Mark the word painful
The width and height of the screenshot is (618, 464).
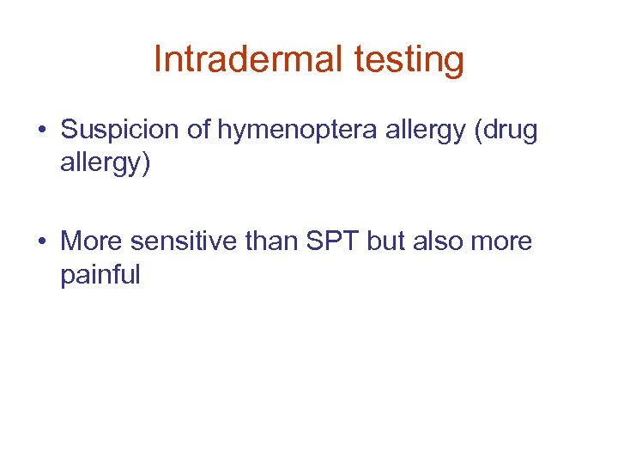100,276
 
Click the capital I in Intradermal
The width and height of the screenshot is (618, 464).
158,59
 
